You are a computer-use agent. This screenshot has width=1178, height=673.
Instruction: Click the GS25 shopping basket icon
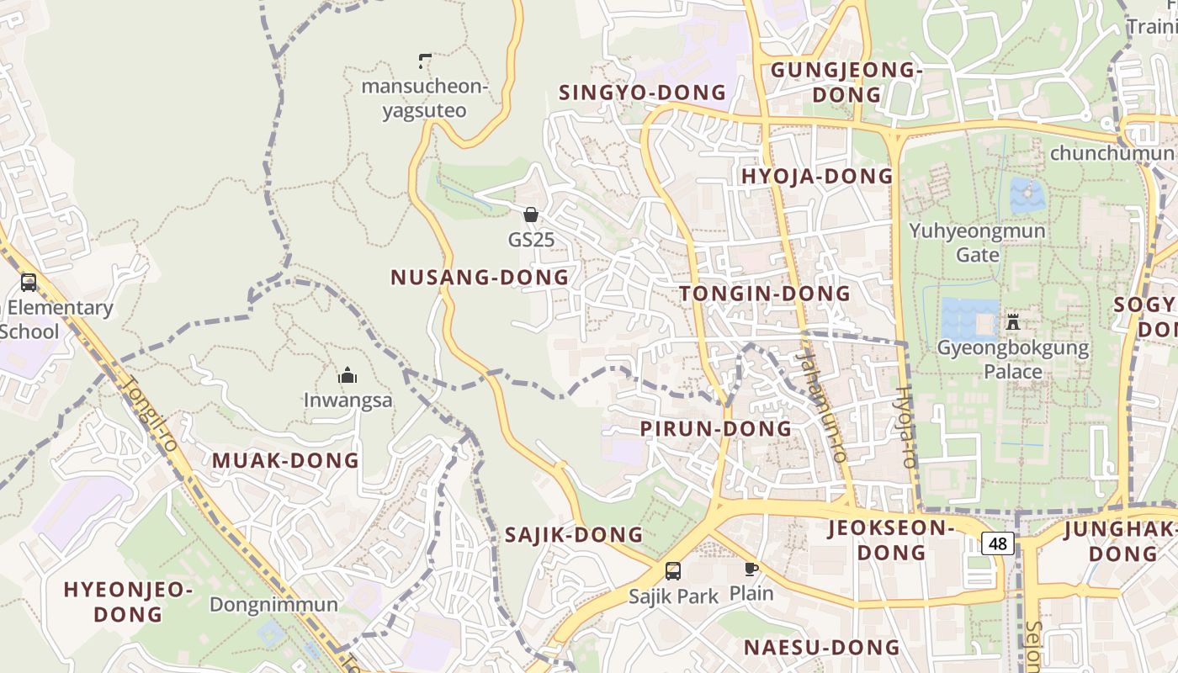pos(531,215)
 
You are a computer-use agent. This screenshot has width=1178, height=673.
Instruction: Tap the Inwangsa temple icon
pos(348,376)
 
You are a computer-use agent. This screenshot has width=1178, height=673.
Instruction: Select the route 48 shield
pos(998,543)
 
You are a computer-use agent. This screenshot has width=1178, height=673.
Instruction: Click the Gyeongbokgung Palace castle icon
pos(1013,321)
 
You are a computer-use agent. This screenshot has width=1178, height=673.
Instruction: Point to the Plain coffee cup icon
pos(751,570)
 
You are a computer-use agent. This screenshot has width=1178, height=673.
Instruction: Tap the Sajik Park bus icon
pos(673,571)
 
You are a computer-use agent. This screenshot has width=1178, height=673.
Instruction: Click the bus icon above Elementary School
pos(29,283)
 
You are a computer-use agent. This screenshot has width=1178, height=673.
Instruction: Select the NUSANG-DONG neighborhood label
pos(480,278)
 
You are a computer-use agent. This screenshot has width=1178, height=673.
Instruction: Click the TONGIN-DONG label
pos(765,294)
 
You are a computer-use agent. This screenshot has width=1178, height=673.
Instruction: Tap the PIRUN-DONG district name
pos(716,428)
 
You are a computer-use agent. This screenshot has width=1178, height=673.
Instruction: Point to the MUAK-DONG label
pos(285,460)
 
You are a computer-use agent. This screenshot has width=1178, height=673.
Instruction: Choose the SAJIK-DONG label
pos(574,534)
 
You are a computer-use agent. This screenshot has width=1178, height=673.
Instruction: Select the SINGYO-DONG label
pos(643,92)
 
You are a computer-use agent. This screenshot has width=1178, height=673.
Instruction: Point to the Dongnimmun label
pos(273,605)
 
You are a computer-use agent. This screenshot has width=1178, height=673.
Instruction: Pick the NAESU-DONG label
pos(821,647)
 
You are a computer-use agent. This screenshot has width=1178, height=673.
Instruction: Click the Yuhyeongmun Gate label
pos(977,242)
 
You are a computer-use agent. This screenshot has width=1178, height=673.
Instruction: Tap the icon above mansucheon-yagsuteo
pos(425,61)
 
